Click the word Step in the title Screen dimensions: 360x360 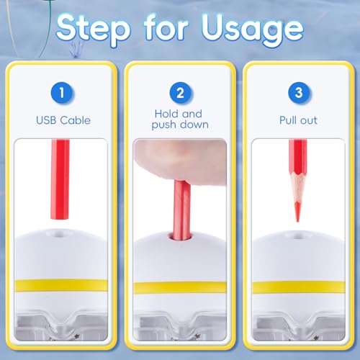click(x=93, y=30)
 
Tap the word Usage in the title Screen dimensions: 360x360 click(x=253, y=30)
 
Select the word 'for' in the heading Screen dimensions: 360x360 click(x=166, y=27)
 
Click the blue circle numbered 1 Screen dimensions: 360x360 click(x=62, y=93)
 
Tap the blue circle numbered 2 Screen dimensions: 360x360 click(x=180, y=93)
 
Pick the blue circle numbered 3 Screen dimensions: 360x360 click(x=299, y=93)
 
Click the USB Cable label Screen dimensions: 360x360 click(x=63, y=120)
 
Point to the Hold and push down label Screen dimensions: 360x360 click(x=180, y=120)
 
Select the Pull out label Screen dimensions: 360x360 click(x=298, y=120)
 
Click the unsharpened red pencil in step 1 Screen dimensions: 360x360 click(x=60, y=179)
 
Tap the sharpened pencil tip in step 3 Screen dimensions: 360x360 click(x=297, y=212)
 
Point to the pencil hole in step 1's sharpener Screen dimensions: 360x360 click(x=58, y=233)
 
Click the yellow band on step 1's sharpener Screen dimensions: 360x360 click(x=61, y=285)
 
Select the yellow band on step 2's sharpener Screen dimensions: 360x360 click(x=180, y=287)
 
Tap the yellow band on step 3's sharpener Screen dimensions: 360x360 click(x=299, y=287)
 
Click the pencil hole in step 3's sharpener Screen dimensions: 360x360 click(x=298, y=235)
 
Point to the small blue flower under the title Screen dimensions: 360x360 click(x=76, y=48)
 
